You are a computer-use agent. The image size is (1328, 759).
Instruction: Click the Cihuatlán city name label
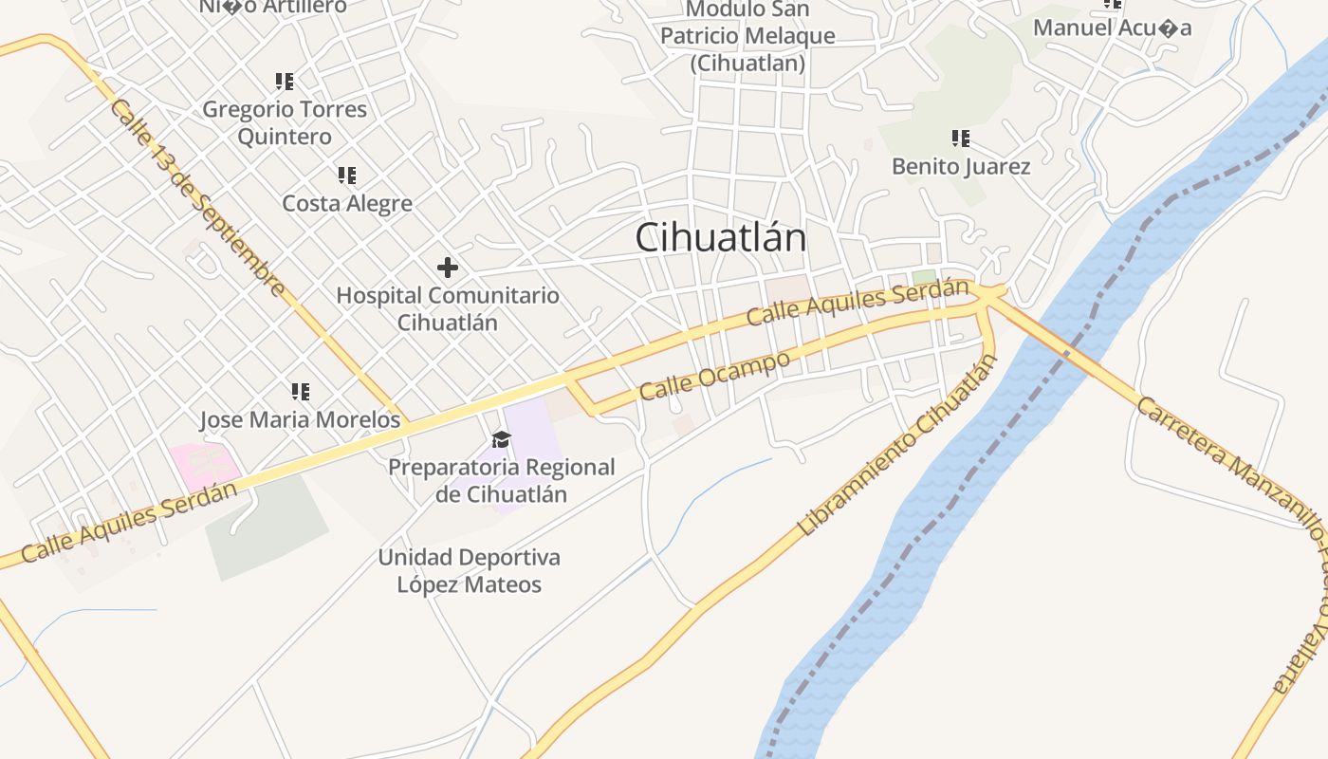click(x=720, y=237)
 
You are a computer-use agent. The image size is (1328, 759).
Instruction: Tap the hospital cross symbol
click(x=448, y=268)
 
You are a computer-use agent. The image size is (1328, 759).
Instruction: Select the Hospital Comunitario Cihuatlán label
click(x=448, y=308)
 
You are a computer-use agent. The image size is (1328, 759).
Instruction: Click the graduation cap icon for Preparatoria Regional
click(x=501, y=439)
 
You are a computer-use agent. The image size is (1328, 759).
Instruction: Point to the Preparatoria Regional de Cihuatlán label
click(x=501, y=480)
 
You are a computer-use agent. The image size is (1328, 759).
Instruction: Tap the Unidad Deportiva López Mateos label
click(x=470, y=570)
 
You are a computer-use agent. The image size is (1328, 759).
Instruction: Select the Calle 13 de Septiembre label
click(x=197, y=197)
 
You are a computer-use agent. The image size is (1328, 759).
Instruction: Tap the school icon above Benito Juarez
click(x=961, y=139)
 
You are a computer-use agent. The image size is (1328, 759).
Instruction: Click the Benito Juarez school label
click(x=961, y=167)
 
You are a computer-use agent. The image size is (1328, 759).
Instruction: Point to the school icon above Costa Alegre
click(x=347, y=176)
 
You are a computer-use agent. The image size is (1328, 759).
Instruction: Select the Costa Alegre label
click(x=347, y=203)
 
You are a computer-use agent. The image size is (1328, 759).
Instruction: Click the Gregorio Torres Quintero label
click(x=285, y=122)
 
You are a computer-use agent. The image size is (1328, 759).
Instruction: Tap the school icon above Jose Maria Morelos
click(x=301, y=391)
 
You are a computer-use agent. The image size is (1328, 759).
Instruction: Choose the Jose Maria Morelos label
click(x=300, y=419)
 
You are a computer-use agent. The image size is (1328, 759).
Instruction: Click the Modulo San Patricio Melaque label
click(x=747, y=36)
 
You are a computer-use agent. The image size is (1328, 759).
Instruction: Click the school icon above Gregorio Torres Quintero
click(x=285, y=82)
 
